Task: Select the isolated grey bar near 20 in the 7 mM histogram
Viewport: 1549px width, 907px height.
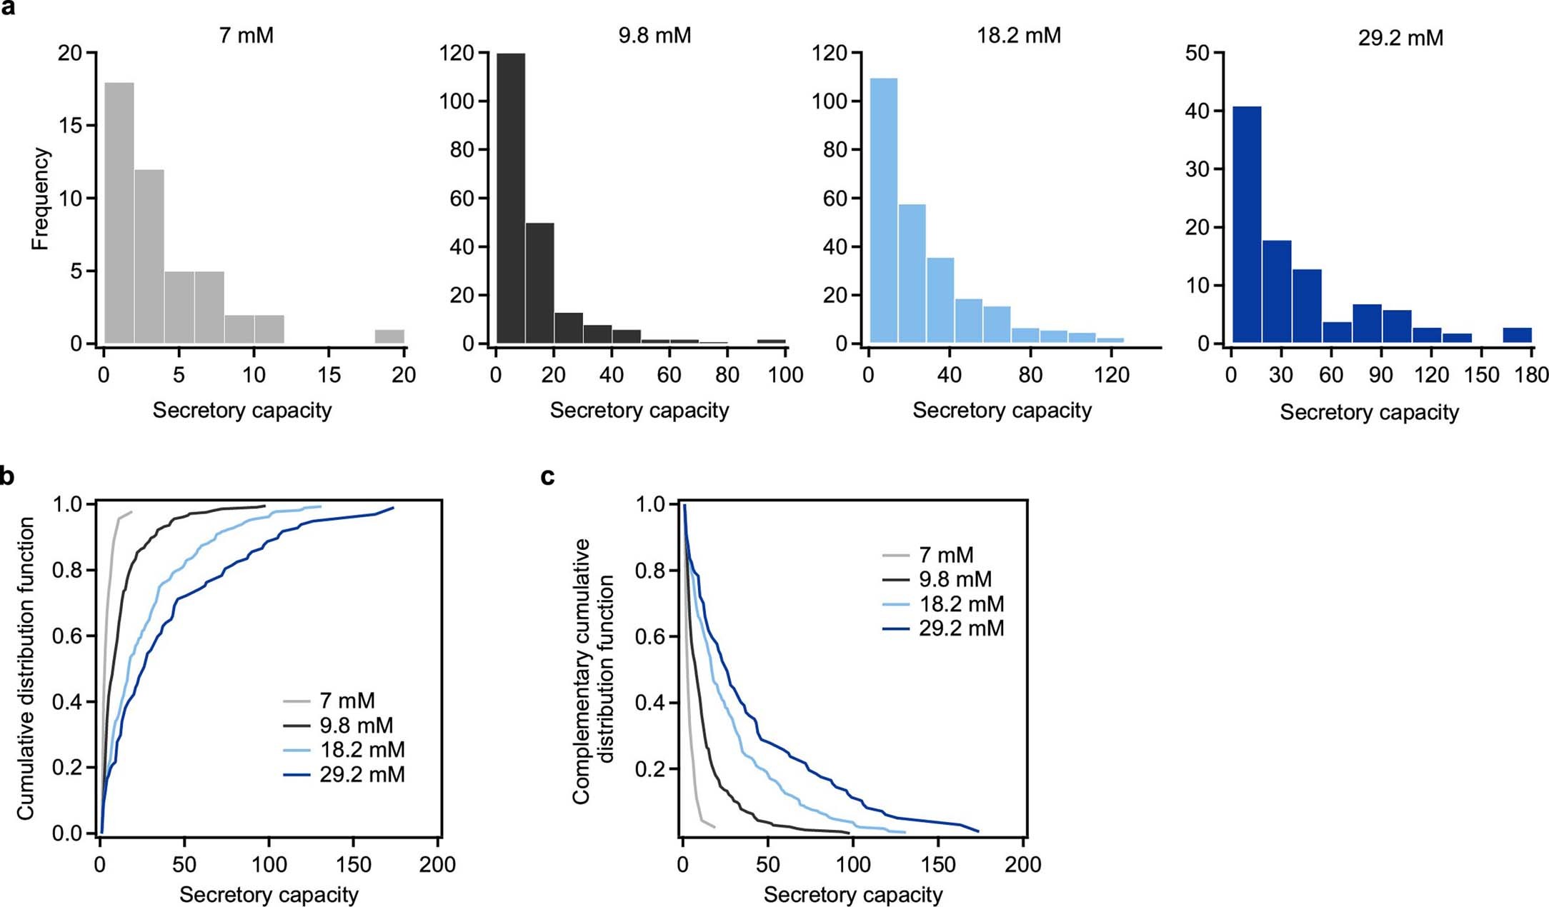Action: point(389,336)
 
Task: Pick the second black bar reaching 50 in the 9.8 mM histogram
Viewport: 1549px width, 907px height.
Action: point(539,283)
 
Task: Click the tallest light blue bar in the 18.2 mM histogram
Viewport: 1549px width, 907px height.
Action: point(884,211)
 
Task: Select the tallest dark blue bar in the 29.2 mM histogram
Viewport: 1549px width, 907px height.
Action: point(1247,225)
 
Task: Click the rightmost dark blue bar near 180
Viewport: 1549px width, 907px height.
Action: point(1517,335)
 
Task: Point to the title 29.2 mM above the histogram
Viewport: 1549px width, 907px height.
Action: point(1400,38)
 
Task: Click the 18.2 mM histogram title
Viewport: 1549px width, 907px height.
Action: point(1019,36)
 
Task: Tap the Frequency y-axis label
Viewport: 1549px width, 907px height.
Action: point(41,199)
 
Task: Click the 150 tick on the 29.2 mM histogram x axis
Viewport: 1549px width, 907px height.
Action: point(1481,375)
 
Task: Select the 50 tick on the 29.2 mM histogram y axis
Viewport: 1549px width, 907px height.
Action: point(1197,53)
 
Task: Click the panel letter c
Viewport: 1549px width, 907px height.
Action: point(548,476)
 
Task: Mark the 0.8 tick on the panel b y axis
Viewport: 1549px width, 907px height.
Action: point(68,571)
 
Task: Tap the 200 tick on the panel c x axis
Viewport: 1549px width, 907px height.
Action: point(1022,865)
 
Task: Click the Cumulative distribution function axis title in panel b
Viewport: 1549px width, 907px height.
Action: point(26,668)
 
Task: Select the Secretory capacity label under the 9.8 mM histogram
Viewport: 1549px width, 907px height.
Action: point(639,411)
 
